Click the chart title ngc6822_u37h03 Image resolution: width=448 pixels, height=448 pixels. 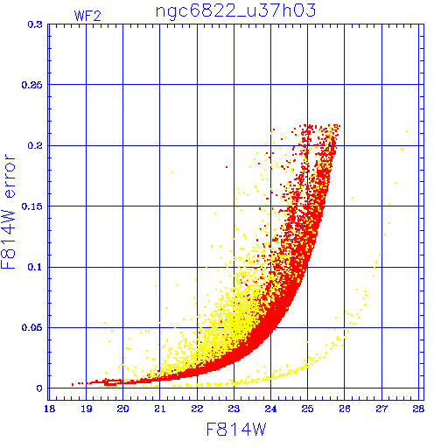point(235,11)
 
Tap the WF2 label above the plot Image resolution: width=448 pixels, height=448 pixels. point(87,16)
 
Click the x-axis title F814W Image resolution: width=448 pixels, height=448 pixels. point(236,430)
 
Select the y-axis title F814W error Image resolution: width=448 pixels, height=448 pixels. point(8,212)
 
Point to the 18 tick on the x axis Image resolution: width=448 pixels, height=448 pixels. point(50,409)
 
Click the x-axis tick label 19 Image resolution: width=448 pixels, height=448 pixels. point(87,409)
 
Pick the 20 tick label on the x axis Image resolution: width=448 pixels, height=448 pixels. point(122,409)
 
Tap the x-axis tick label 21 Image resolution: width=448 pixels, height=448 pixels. point(160,409)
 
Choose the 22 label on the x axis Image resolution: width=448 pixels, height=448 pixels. point(197,409)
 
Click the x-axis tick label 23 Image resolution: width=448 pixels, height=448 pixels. point(234,409)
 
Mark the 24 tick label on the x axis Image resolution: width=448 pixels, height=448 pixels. point(270,409)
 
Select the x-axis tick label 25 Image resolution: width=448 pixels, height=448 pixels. point(307,409)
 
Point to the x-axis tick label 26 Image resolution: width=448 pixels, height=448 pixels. point(345,409)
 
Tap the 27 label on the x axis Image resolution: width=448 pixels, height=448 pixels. point(381,409)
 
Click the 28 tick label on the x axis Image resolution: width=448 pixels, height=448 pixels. point(418,409)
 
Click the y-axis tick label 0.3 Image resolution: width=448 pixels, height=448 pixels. point(35,24)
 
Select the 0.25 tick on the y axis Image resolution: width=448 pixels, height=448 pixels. point(31,85)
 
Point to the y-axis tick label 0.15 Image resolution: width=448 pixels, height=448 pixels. point(31,206)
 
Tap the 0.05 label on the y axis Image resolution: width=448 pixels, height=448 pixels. point(31,327)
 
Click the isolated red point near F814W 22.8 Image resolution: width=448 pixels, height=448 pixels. point(227,167)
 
